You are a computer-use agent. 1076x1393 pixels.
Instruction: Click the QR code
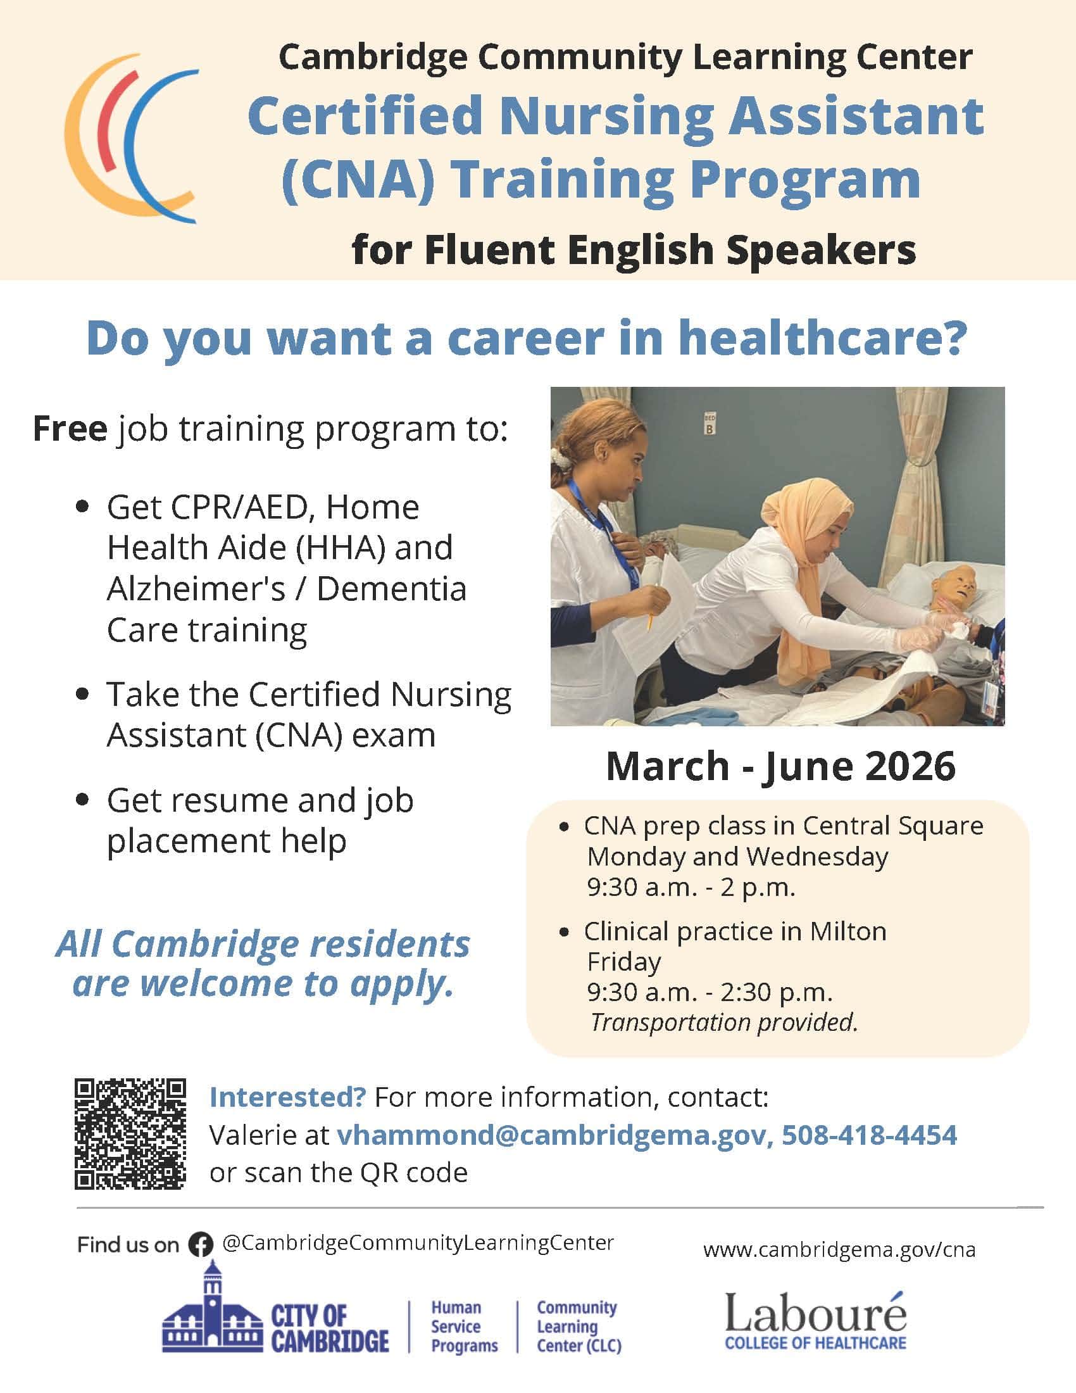click(x=130, y=1133)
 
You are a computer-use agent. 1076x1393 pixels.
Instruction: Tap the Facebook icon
click(x=200, y=1244)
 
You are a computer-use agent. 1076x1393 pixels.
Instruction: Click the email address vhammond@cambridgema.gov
click(x=551, y=1135)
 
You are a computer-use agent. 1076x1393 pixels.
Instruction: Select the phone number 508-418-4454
click(x=870, y=1135)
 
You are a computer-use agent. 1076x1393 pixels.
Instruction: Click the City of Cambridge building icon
click(x=212, y=1314)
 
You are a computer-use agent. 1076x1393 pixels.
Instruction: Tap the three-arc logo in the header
click(x=131, y=139)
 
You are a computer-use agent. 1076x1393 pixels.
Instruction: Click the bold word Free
click(x=70, y=428)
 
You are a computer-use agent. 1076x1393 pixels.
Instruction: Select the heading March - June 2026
click(x=780, y=766)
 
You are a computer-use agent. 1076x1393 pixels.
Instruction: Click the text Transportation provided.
click(x=723, y=1022)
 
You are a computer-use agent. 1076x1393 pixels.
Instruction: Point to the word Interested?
click(x=288, y=1097)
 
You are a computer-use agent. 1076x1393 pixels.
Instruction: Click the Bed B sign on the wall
click(x=710, y=424)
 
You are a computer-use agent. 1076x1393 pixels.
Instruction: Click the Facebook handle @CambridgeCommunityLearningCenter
click(x=418, y=1242)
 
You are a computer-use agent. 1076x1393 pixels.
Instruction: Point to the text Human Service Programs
click(x=464, y=1327)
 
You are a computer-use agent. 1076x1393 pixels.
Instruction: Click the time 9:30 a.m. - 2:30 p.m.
click(x=710, y=992)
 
